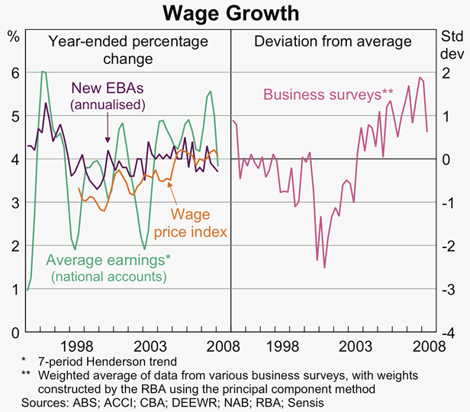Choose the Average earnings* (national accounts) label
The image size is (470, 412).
pyautogui.click(x=108, y=268)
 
